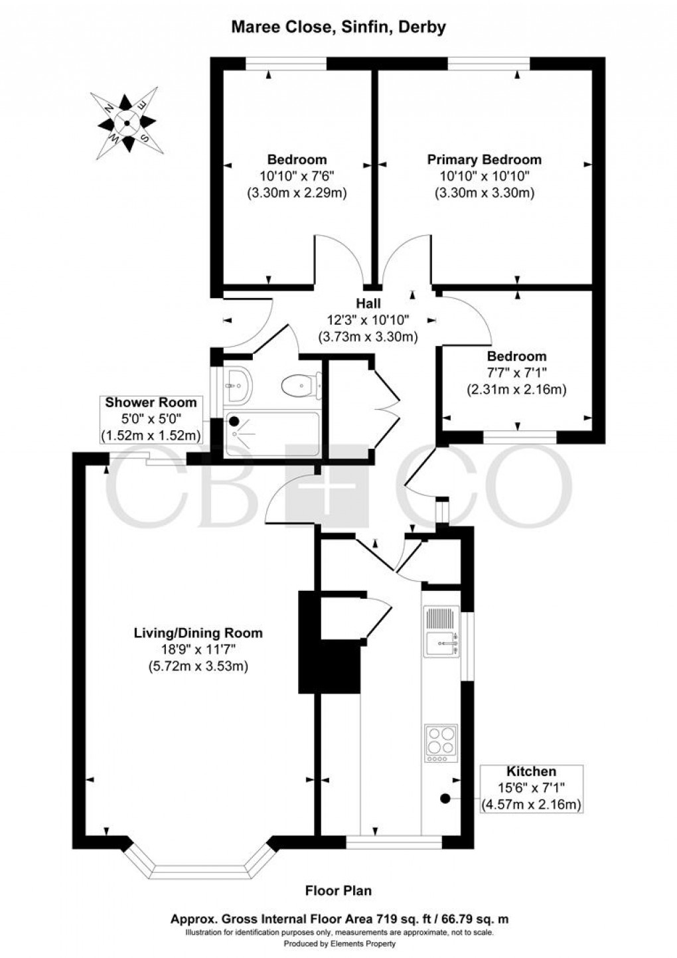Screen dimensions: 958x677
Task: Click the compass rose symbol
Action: point(127,123)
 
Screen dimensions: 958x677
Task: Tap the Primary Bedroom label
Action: point(484,159)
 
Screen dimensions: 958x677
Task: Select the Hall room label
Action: point(368,303)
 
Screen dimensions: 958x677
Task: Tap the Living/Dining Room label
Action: point(198,633)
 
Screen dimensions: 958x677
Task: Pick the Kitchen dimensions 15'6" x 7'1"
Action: point(531,788)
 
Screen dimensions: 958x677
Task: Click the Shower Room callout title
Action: point(151,402)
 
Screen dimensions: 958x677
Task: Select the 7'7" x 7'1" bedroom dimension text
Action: point(516,373)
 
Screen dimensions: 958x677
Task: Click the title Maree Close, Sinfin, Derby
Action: point(338,27)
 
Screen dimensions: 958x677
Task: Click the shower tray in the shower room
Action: point(272,434)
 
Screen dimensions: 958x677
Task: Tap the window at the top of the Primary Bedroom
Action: point(489,63)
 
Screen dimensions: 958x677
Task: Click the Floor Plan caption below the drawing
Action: point(338,890)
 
